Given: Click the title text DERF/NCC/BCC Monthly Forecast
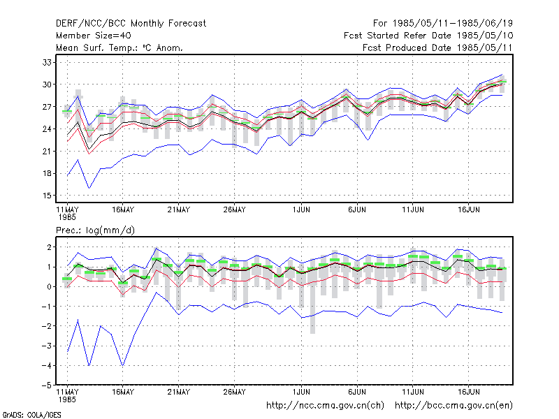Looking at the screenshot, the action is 131,24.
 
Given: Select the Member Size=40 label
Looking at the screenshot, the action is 94,36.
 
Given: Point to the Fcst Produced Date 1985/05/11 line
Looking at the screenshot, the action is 437,47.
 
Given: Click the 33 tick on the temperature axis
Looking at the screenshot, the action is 47,63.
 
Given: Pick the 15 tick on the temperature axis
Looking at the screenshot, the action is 47,196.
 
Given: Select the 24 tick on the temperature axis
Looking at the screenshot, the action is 47,129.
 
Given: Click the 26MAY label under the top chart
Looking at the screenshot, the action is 234,210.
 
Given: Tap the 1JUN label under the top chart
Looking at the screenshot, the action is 301,210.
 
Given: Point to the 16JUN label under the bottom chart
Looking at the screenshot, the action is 468,392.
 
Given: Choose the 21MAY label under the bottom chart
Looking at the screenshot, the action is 179,392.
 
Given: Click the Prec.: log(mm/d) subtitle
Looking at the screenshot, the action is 95,230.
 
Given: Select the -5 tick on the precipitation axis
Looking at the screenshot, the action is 47,385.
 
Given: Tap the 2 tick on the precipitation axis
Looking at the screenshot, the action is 49,247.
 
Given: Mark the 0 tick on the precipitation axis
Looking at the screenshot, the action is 49,287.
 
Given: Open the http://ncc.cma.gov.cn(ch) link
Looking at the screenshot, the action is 325,406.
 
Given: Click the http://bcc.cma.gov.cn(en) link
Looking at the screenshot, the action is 453,406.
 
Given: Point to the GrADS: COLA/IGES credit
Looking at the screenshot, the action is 31,415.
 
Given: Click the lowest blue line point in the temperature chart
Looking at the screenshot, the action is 89,188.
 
